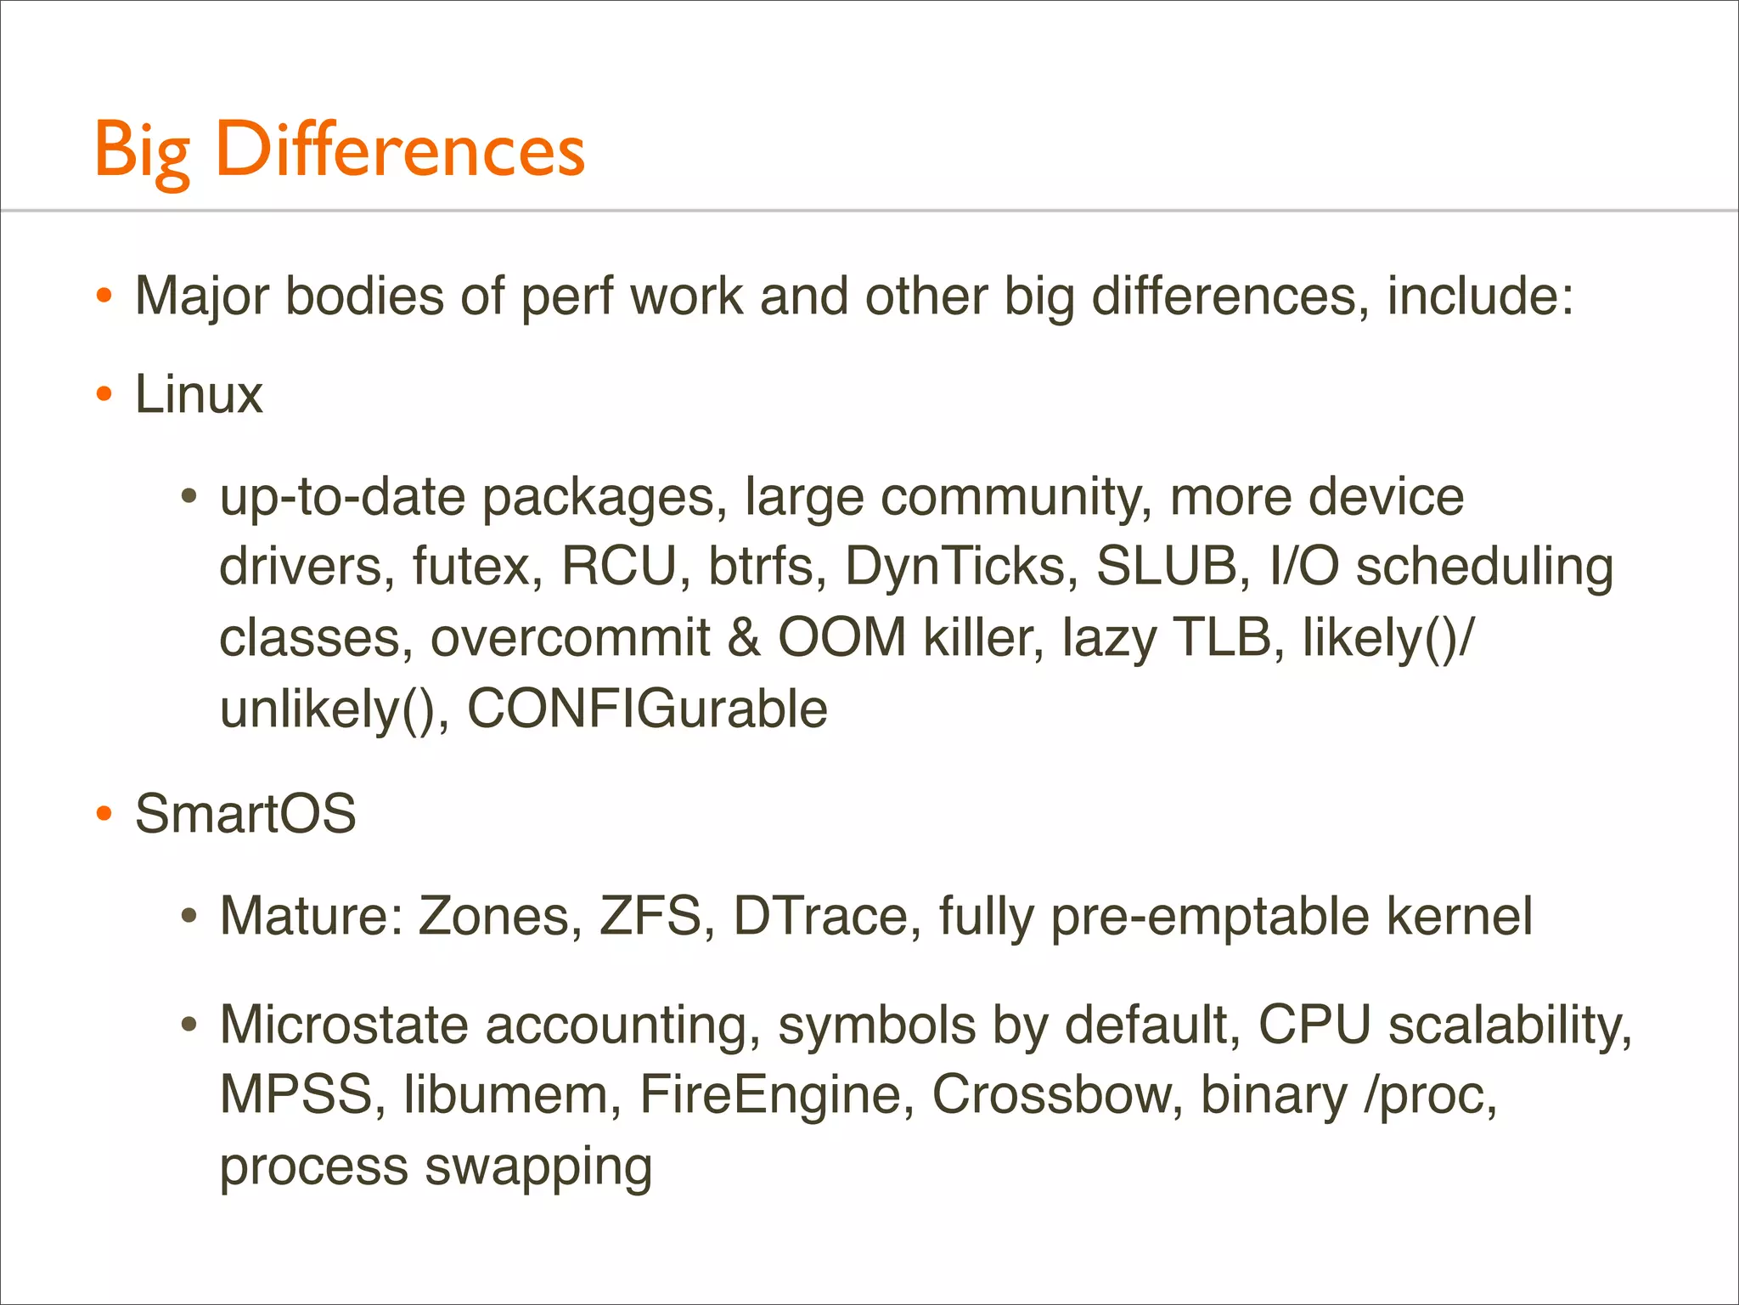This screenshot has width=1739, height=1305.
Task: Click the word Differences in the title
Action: [x=400, y=150]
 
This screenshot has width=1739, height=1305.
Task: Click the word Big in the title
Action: [x=142, y=151]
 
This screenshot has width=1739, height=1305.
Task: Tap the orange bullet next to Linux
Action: [x=104, y=394]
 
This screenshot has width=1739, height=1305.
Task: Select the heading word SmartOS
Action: [x=245, y=813]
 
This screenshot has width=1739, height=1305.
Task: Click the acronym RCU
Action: [x=618, y=567]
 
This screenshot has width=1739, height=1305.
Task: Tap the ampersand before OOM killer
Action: [x=744, y=638]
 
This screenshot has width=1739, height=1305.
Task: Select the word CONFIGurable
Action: [x=647, y=709]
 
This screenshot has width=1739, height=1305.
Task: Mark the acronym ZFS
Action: [x=650, y=916]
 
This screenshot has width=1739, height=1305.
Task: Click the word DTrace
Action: [x=820, y=916]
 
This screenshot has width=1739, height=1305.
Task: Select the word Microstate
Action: [x=344, y=1025]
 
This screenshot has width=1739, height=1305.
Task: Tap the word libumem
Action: [x=506, y=1094]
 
